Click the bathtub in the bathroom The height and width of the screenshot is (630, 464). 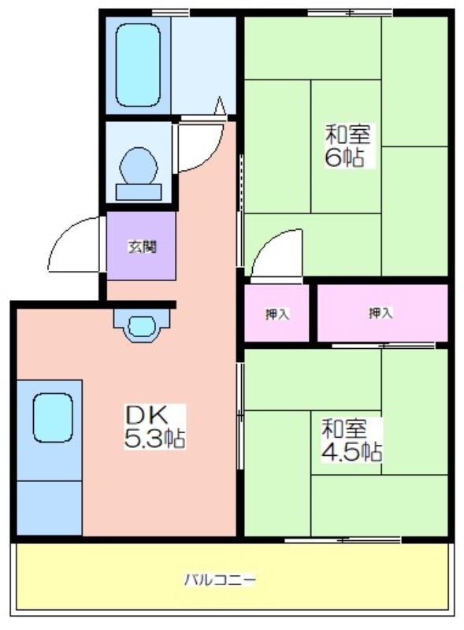[137, 65]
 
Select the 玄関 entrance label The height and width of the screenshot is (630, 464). [142, 246]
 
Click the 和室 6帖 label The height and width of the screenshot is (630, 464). [347, 146]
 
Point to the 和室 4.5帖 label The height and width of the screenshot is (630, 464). [351, 440]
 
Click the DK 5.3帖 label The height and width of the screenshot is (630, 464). [155, 427]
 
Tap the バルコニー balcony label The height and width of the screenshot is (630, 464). [220, 580]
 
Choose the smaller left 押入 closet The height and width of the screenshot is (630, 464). [277, 313]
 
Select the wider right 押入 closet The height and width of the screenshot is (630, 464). [382, 313]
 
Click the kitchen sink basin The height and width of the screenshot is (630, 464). [53, 417]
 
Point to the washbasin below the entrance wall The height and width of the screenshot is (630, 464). [141, 324]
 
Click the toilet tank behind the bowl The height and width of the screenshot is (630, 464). [139, 192]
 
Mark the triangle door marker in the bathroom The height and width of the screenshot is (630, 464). [220, 106]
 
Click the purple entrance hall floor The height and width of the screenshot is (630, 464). [141, 246]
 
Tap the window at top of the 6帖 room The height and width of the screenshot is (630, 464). [350, 13]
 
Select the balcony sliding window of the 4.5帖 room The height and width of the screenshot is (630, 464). [343, 539]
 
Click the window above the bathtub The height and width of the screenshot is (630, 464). [170, 13]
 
